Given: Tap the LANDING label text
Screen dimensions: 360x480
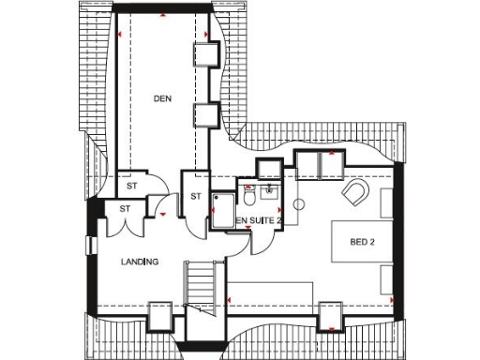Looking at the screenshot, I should point(140,262).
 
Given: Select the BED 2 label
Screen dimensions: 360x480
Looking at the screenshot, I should point(362,242).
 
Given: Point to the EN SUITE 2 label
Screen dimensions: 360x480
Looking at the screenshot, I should point(258,220).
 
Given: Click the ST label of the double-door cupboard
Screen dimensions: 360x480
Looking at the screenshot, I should point(125,207).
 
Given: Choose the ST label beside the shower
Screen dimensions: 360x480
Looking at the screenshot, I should point(196,196).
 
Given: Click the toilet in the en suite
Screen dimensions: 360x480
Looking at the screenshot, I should point(248,197).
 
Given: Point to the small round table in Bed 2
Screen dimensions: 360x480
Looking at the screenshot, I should point(299,203).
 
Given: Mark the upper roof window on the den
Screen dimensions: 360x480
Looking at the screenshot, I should point(205,54).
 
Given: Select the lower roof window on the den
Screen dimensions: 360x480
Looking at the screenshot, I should point(205,116).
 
